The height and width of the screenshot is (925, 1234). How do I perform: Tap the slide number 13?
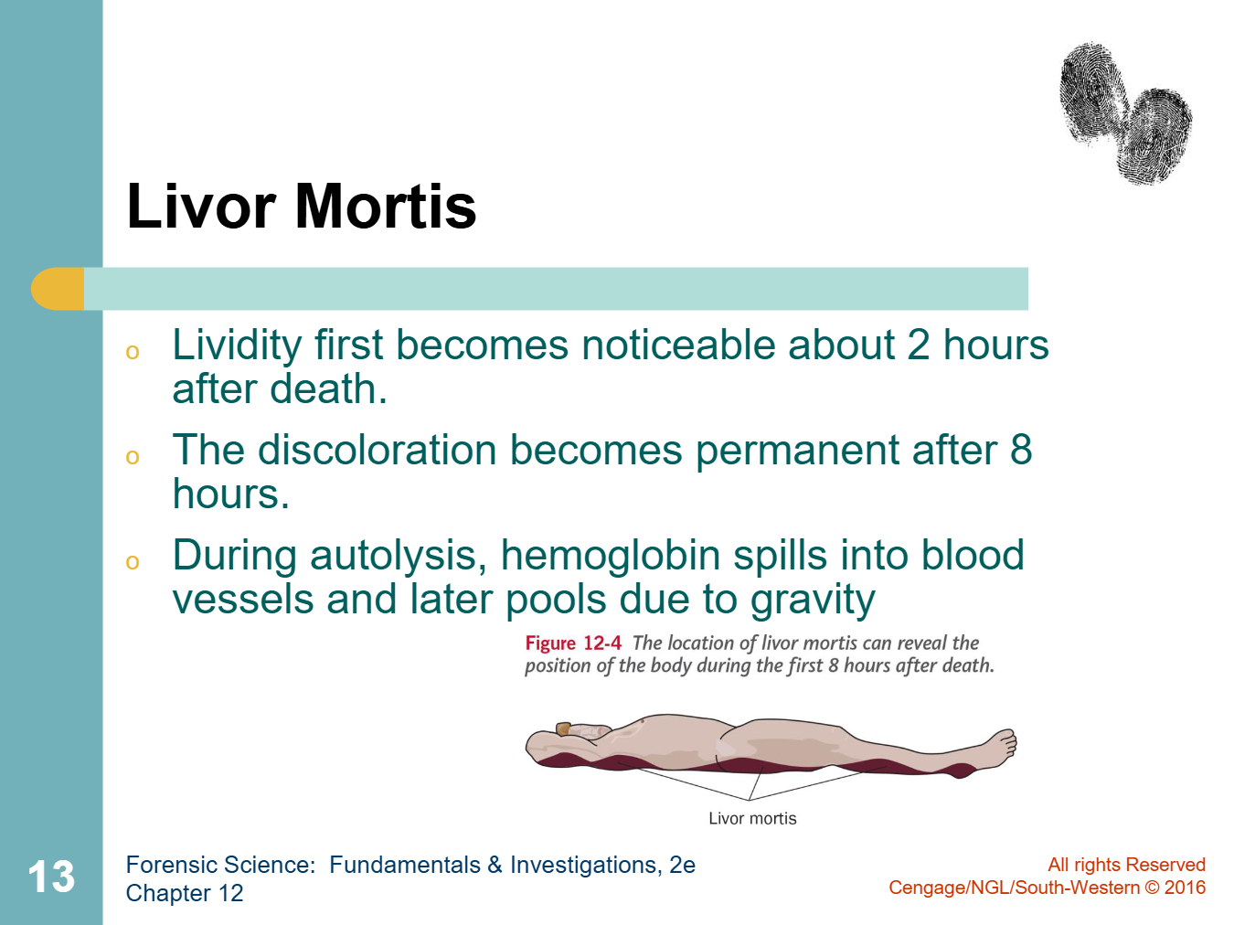51,877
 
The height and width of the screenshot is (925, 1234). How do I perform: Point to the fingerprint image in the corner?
1125,113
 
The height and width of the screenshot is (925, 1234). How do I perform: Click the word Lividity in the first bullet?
237,346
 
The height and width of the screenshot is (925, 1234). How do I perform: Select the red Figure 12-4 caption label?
573,643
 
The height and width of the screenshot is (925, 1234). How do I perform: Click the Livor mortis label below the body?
752,818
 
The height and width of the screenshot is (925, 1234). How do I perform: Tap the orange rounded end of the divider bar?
58,289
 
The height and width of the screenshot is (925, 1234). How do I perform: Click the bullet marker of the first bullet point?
133,352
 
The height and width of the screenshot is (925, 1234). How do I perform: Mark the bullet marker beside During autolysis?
133,562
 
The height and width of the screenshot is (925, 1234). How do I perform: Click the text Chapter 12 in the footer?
185,893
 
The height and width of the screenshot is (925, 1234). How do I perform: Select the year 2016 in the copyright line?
1185,888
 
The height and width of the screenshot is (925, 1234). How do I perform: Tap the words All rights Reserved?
1127,865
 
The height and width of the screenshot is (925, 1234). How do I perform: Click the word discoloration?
378,451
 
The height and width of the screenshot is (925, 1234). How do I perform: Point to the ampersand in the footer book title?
495,865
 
